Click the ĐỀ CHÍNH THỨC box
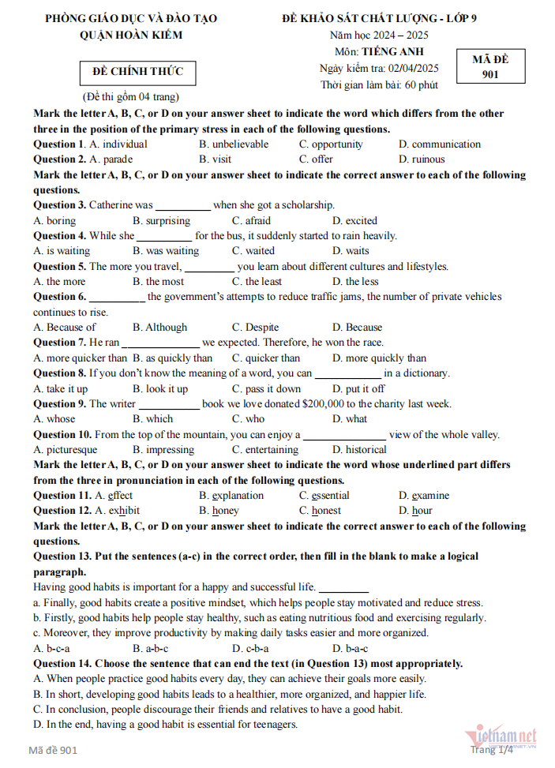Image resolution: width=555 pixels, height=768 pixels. [138, 72]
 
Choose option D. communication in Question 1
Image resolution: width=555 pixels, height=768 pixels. [440, 144]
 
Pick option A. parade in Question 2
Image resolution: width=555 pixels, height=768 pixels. [111, 159]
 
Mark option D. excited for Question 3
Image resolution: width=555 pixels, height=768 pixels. [354, 221]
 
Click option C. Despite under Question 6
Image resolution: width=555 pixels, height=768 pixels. [255, 328]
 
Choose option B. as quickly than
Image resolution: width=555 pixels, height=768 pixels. [172, 358]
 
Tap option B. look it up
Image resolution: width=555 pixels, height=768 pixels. [160, 389]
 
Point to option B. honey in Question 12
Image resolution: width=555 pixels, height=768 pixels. [219, 511]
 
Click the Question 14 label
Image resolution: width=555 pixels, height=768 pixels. [62, 664]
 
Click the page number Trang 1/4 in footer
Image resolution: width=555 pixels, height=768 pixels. [491, 749]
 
